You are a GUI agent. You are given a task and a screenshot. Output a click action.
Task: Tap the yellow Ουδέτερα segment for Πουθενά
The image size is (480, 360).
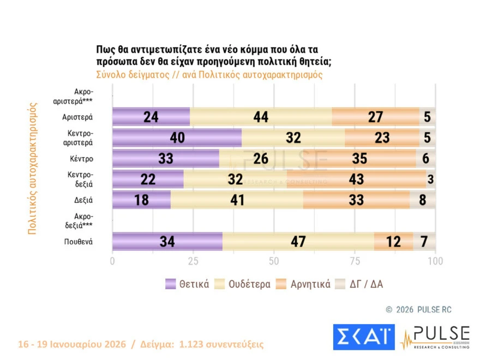tap(297, 242)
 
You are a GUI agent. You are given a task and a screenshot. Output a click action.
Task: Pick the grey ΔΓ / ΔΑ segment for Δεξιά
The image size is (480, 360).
tap(423, 200)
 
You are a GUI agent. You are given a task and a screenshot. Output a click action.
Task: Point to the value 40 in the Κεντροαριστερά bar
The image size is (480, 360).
tap(176, 138)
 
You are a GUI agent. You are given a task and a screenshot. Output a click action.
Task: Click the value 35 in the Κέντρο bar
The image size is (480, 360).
tap(359, 159)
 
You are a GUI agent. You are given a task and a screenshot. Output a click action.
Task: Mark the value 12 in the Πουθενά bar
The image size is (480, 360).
tap(393, 242)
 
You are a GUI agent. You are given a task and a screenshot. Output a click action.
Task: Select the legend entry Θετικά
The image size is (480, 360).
tap(188, 284)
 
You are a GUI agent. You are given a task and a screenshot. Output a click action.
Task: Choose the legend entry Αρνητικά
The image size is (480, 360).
tap(304, 284)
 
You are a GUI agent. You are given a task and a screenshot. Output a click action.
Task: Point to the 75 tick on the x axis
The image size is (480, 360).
tap(355, 261)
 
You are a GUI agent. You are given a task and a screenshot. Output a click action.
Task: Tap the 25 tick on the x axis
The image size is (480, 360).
tap(193, 261)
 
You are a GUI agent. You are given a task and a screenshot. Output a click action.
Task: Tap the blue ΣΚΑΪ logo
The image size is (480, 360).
tap(364, 337)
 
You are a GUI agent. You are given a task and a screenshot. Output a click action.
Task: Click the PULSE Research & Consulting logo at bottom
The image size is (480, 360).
tap(436, 337)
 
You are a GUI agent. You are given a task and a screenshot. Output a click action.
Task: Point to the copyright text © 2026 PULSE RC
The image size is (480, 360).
tap(418, 309)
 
